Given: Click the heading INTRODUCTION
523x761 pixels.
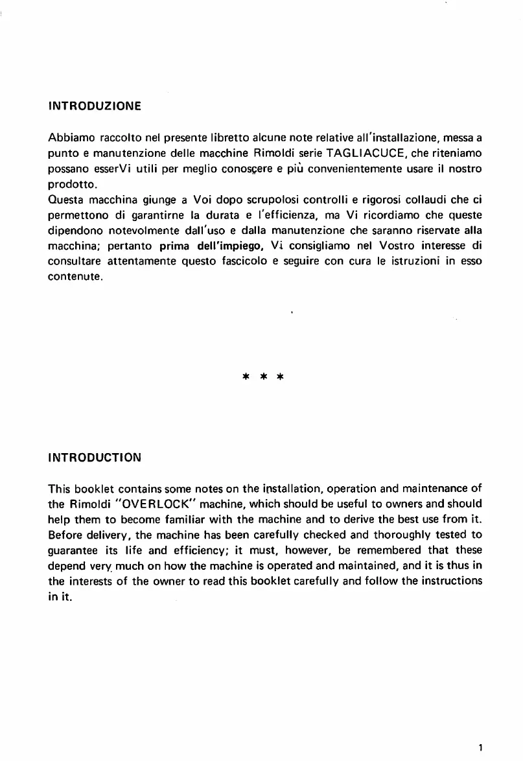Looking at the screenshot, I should [x=95, y=457].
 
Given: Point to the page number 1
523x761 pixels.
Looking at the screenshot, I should [x=480, y=747].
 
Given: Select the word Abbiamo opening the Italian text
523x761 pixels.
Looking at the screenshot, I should [x=71, y=137].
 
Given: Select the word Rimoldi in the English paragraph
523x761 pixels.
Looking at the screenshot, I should [x=87, y=503].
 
